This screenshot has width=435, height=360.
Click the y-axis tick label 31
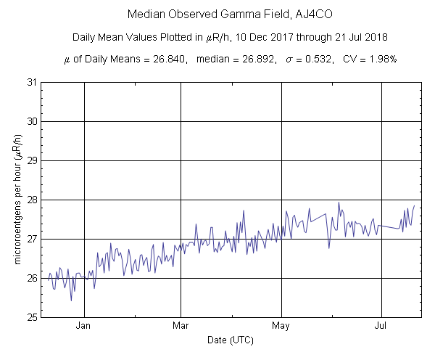[32, 82]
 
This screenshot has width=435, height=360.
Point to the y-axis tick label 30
[32, 121]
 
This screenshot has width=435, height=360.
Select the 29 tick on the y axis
[32, 160]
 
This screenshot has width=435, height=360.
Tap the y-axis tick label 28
[32, 200]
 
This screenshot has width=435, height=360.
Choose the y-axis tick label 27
[32, 239]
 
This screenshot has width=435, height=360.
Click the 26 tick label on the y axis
[32, 278]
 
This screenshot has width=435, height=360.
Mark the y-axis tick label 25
[32, 317]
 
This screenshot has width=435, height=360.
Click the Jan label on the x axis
[85, 327]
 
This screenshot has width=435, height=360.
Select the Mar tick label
[181, 327]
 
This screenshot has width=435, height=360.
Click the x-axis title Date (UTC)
[231, 340]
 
